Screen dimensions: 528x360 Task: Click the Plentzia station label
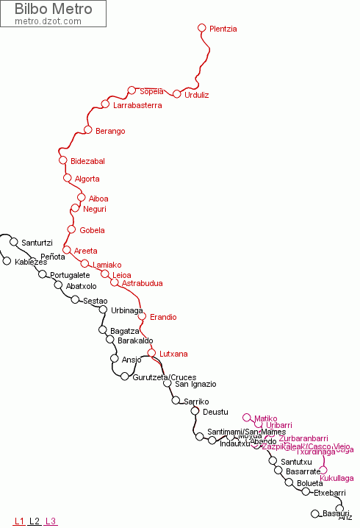tap(223, 29)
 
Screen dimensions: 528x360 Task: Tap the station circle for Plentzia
tap(202, 28)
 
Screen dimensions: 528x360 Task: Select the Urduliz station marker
tap(176, 94)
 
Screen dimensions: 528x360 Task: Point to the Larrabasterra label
tap(137, 106)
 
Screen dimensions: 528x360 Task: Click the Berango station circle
tap(88, 131)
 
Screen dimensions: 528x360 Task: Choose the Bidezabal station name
tap(87, 161)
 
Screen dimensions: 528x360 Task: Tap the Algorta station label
tap(87, 179)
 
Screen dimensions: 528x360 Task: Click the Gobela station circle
tap(71, 229)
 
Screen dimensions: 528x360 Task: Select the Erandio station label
tap(163, 318)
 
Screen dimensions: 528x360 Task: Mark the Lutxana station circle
tap(152, 353)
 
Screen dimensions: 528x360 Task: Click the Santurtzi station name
tap(37, 243)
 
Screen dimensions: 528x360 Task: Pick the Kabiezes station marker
tap(7, 261)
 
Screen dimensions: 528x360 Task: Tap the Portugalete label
tap(70, 276)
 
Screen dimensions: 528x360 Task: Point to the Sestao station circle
tap(75, 299)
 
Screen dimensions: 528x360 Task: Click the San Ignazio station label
tap(195, 384)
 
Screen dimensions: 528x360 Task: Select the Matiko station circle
tap(247, 417)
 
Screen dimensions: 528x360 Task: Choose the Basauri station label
tap(336, 513)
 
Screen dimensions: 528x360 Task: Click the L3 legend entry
tap(51, 521)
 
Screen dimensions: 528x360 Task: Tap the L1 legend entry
tap(19, 521)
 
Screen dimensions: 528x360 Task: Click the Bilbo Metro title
tap(54, 10)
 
